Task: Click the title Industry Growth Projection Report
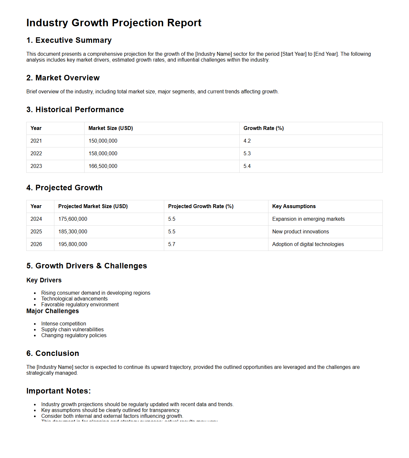(114, 23)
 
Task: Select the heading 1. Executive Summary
(69, 40)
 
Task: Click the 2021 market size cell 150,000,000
(103, 141)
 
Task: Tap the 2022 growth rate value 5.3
(247, 154)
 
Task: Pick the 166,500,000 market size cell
(103, 166)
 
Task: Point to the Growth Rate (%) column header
(264, 128)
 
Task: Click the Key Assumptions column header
(294, 206)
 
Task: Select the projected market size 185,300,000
(73, 232)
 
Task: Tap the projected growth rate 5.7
(172, 244)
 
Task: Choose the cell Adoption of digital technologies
(308, 244)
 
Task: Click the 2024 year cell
(36, 219)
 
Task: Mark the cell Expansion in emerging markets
(308, 219)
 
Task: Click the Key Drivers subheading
(44, 280)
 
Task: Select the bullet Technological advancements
(74, 299)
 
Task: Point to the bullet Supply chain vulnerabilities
(72, 329)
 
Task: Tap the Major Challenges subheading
(52, 311)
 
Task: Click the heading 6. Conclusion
(53, 353)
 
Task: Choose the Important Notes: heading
(59, 391)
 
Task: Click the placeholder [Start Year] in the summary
(293, 54)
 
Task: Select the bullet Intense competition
(63, 323)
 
